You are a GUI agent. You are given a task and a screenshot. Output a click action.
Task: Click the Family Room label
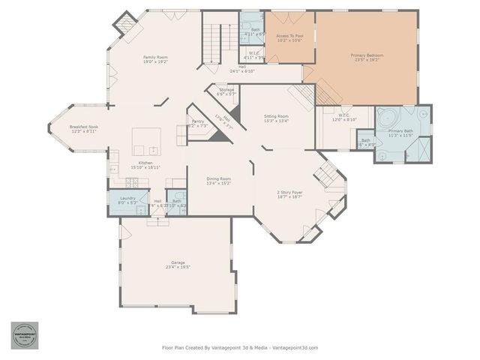(x=155, y=58)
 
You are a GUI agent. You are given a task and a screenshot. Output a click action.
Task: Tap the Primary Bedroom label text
(x=366, y=55)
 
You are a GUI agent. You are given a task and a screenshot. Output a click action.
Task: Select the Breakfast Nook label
(x=84, y=127)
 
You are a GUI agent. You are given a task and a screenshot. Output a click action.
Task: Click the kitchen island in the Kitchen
(x=146, y=139)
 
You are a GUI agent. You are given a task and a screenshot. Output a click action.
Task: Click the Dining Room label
(x=218, y=178)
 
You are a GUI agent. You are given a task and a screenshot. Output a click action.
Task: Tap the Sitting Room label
(x=276, y=116)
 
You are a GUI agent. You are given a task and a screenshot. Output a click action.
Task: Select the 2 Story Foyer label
(x=289, y=193)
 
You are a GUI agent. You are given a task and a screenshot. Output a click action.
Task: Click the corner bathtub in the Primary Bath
(x=388, y=118)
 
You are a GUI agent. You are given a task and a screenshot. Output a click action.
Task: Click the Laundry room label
(x=127, y=198)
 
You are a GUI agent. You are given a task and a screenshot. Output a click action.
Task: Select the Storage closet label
(x=226, y=90)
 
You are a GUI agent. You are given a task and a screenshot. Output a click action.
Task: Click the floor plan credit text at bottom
(x=240, y=347)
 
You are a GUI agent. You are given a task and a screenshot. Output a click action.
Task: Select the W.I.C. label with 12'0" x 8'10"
(x=335, y=117)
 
